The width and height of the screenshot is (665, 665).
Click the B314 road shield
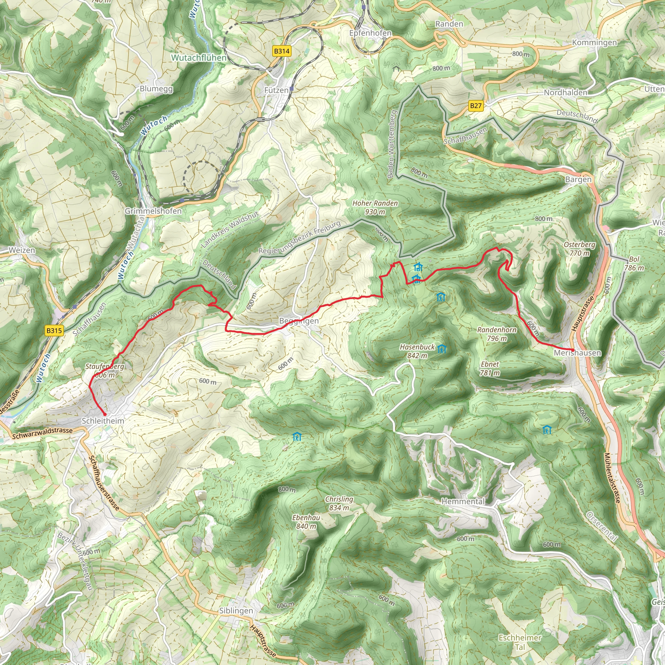pos(282,51)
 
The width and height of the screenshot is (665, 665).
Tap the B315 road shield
pos(54,331)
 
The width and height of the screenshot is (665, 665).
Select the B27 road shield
pos(476,106)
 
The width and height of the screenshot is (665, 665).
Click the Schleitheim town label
pos(103,420)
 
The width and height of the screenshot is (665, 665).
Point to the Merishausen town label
pos(577,353)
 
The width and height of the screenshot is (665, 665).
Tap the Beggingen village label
pos(299,321)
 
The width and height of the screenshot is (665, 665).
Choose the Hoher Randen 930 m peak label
pos(375,207)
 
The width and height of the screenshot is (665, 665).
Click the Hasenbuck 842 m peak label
pos(417,351)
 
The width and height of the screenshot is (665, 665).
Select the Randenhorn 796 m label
pos(497,334)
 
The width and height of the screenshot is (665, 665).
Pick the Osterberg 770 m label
pos(580,248)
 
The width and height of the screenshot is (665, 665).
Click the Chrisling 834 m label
pos(339,503)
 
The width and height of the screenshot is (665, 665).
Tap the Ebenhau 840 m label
pos(306,522)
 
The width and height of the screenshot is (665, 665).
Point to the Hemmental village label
pos(463,501)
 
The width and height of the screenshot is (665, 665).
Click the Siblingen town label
pos(236,611)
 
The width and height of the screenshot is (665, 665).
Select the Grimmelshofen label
pos(153,211)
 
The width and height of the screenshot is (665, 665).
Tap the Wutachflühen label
pos(199,58)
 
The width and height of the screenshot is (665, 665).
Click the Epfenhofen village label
pos(370,33)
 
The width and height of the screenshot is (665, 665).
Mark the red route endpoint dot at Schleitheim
pos(105,414)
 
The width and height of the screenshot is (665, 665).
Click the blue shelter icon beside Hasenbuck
pos(442,349)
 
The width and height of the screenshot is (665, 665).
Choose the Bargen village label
pos(578,179)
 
